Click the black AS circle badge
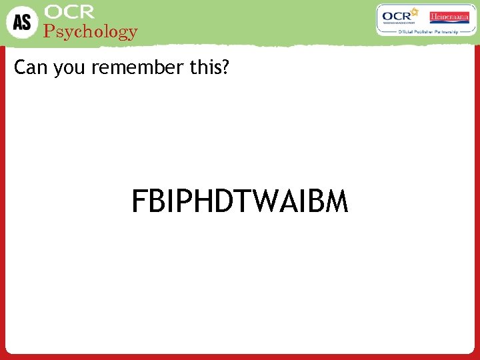[x=22, y=22]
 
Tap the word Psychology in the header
[x=90, y=31]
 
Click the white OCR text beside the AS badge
[x=69, y=12]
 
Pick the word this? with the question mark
[x=207, y=68]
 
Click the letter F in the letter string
[x=138, y=201]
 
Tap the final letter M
[x=335, y=201]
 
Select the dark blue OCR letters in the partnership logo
[x=395, y=17]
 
